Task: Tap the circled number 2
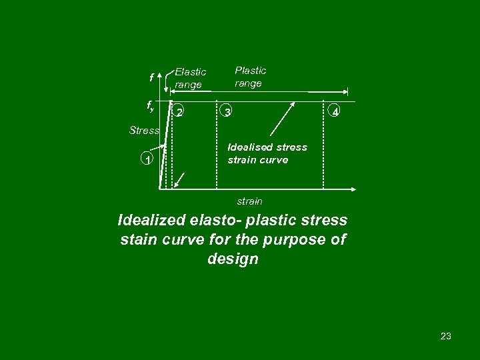pyautogui.click(x=179, y=112)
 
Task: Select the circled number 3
pyautogui.click(x=227, y=112)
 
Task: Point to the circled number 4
pyautogui.click(x=336, y=112)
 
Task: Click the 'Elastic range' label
pyautogui.click(x=190, y=77)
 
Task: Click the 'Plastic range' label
pyautogui.click(x=250, y=76)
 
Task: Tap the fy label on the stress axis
pyautogui.click(x=151, y=105)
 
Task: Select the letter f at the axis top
pyautogui.click(x=152, y=78)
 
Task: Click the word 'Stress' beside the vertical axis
pyautogui.click(x=143, y=131)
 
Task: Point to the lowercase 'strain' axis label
pyautogui.click(x=250, y=201)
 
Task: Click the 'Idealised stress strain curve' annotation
pyautogui.click(x=267, y=153)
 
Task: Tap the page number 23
pyautogui.click(x=446, y=336)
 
